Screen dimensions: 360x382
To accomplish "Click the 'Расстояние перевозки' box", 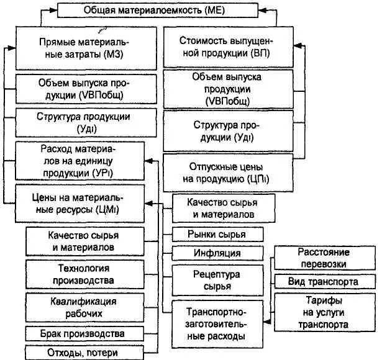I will (323, 258).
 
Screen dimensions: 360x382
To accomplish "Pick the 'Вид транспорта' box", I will (323, 281).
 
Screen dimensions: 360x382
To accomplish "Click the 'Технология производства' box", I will (86, 274).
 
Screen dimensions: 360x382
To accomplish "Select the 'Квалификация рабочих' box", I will (86, 306).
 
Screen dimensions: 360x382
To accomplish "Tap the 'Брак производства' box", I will (86, 332).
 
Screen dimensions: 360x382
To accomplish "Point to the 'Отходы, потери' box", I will (86, 352).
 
